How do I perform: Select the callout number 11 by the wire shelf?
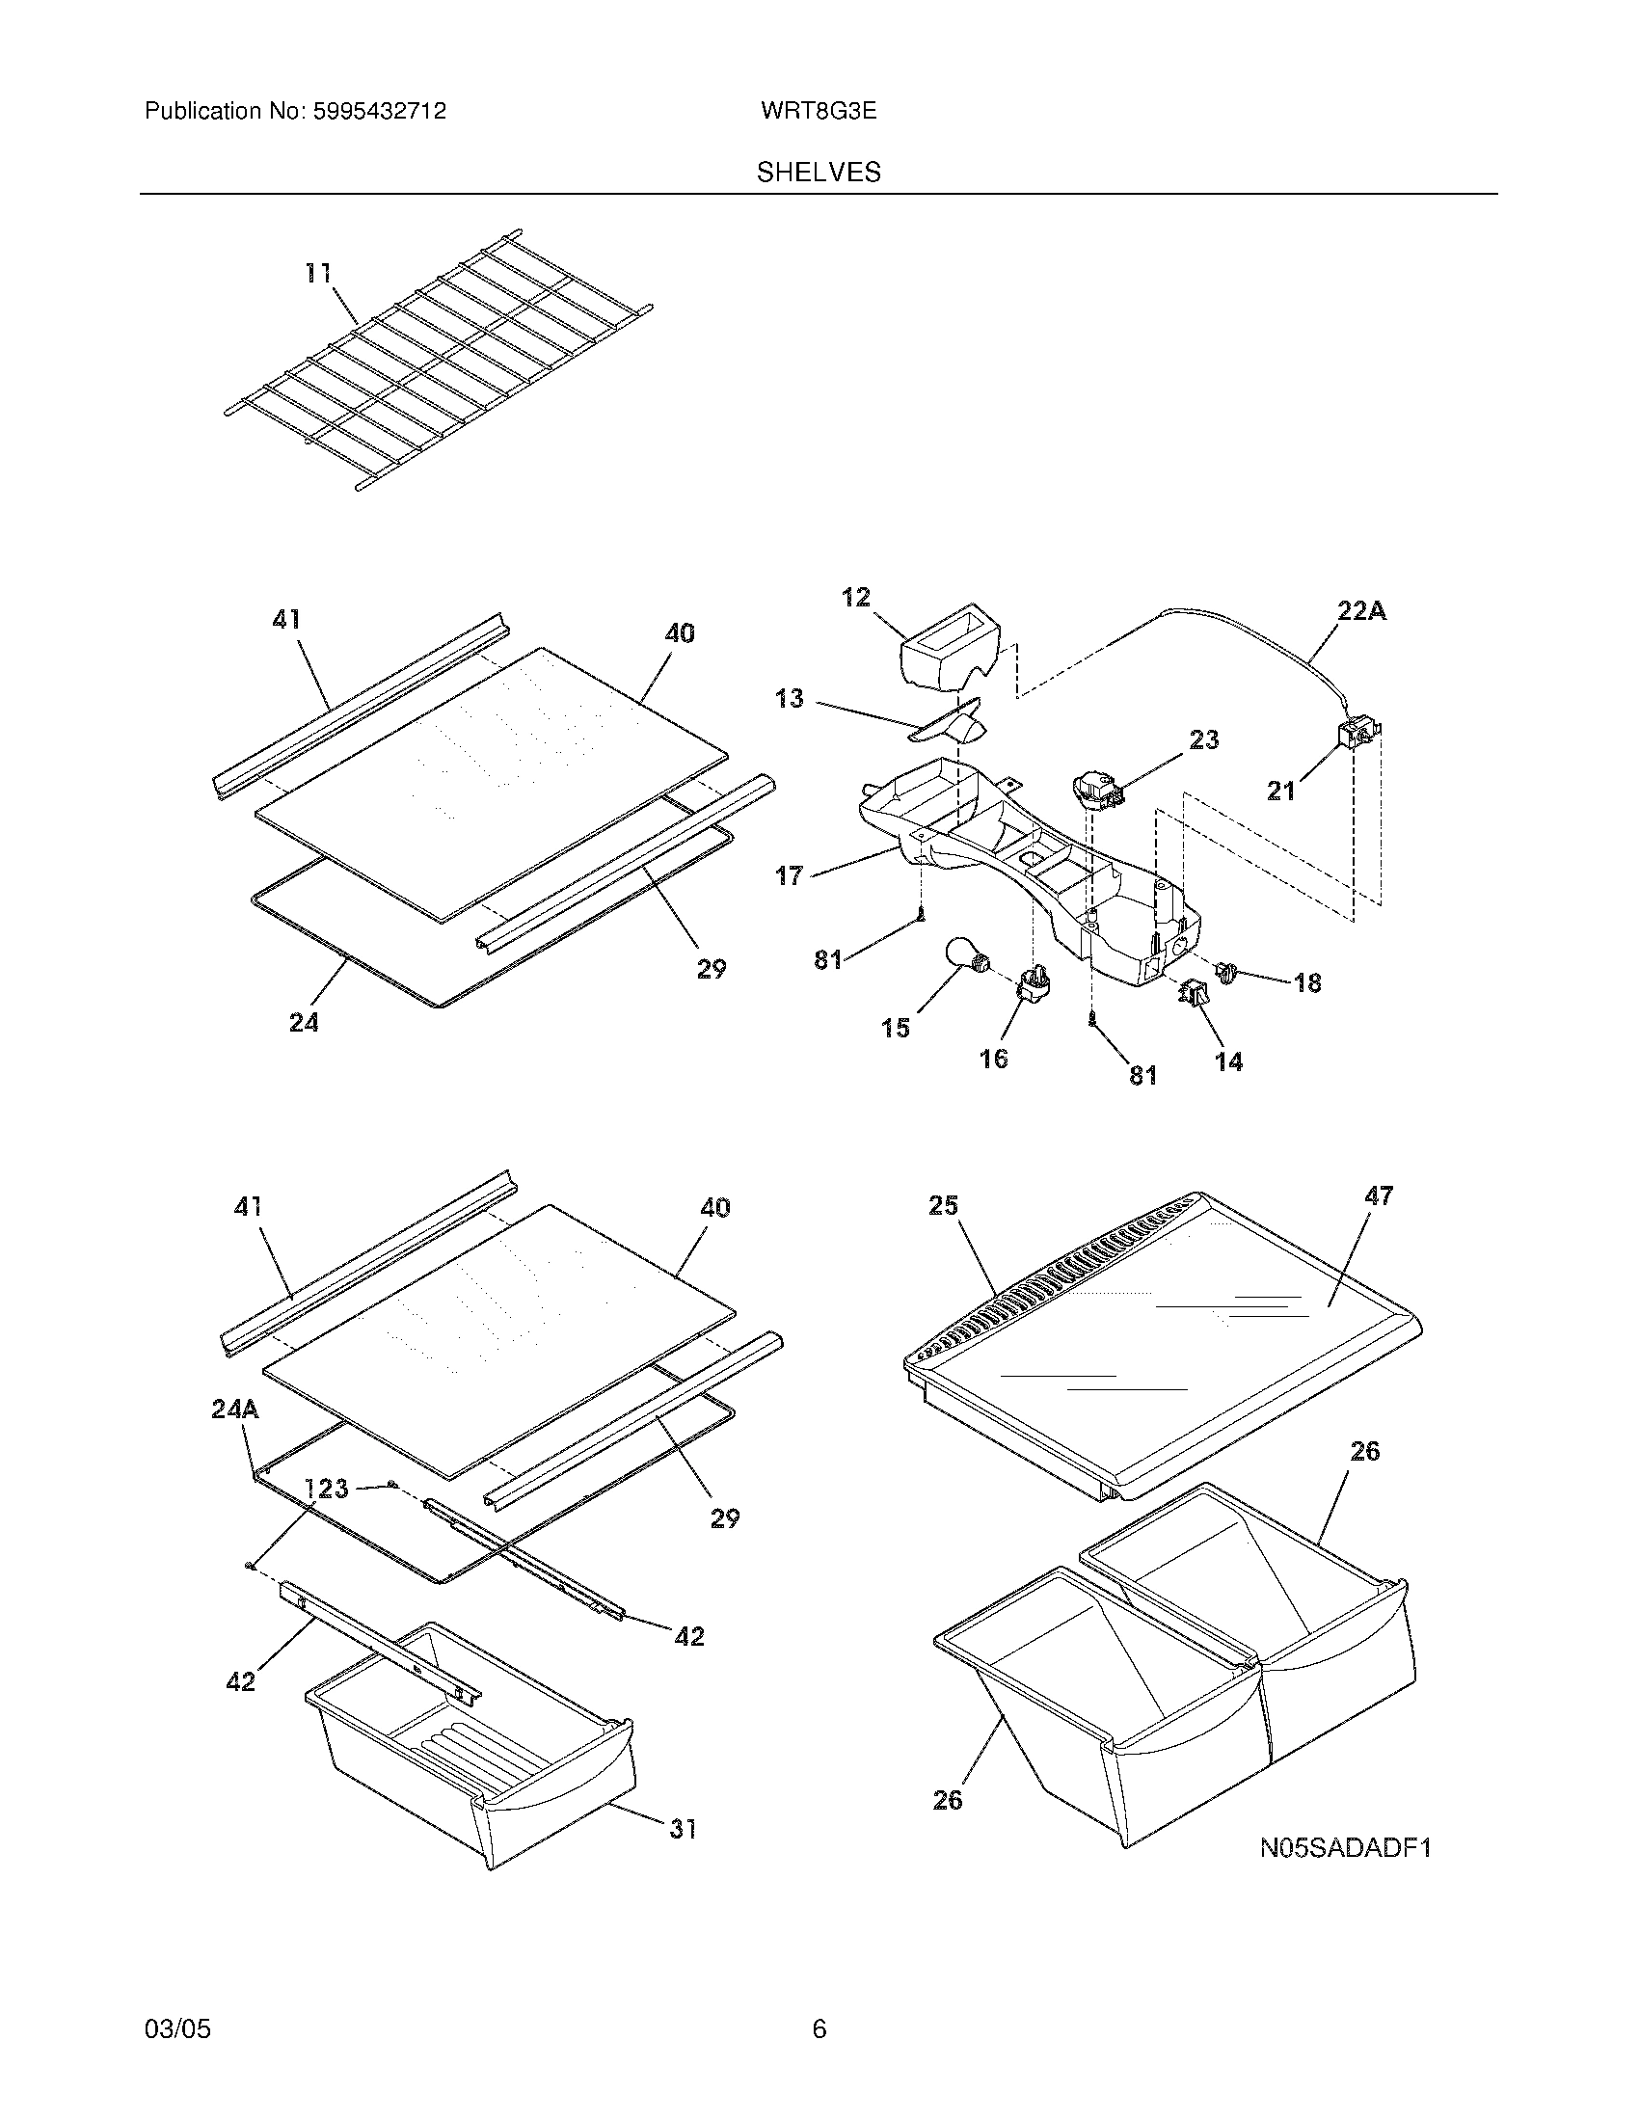[318, 274]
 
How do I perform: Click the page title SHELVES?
[819, 173]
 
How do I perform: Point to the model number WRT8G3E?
[819, 111]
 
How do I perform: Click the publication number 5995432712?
[379, 111]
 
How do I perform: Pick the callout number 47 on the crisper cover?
[1379, 1195]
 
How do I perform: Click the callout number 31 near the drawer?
[683, 1829]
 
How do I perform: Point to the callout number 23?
[1203, 740]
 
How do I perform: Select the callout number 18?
[1307, 982]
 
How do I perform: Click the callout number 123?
[326, 1488]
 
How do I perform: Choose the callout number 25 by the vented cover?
[943, 1205]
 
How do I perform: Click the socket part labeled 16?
[1030, 985]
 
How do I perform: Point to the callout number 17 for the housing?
[789, 875]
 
